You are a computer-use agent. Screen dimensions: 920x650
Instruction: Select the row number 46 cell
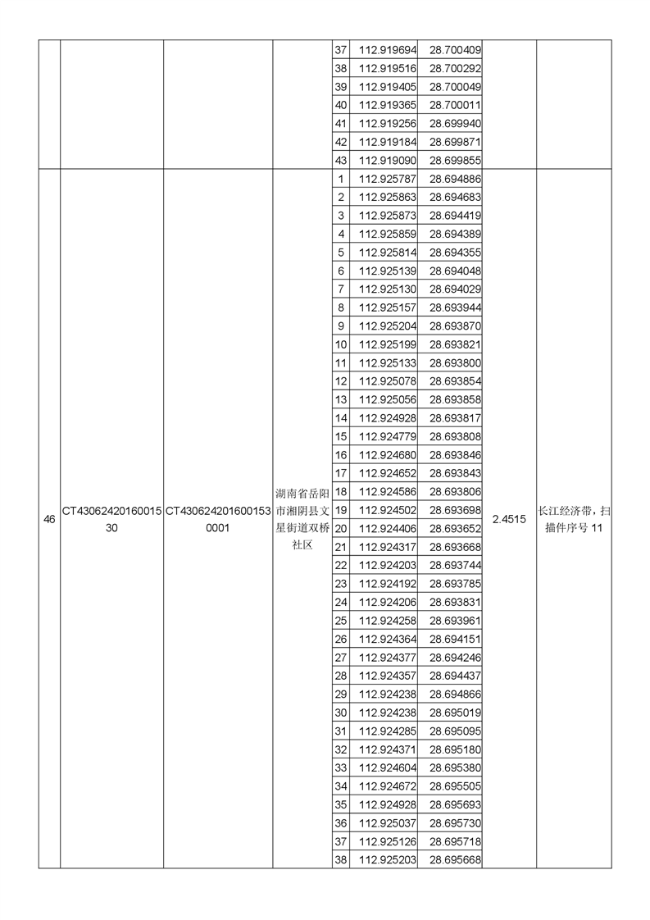tap(49, 519)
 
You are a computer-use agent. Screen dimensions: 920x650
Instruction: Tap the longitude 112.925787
tap(388, 179)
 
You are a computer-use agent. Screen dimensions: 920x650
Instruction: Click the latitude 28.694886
tap(455, 179)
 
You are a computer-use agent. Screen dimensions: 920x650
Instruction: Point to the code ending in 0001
tap(218, 519)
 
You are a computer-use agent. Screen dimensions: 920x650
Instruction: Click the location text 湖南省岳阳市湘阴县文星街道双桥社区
tap(302, 519)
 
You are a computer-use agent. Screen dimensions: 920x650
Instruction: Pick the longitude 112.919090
tap(388, 161)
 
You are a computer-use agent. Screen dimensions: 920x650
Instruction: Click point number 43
tap(341, 161)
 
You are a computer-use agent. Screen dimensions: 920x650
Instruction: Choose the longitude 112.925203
tap(388, 859)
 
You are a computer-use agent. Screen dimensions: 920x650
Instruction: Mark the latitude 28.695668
tap(455, 859)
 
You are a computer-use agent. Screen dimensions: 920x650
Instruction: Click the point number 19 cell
tap(341, 510)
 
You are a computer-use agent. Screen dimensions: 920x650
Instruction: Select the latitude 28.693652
tap(455, 528)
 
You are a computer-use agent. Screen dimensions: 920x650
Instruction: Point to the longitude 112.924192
tap(388, 584)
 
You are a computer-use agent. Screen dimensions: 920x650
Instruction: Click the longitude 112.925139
tap(388, 271)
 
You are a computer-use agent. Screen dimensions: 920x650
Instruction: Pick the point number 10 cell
tap(341, 344)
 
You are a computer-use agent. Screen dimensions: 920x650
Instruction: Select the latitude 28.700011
tap(455, 106)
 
